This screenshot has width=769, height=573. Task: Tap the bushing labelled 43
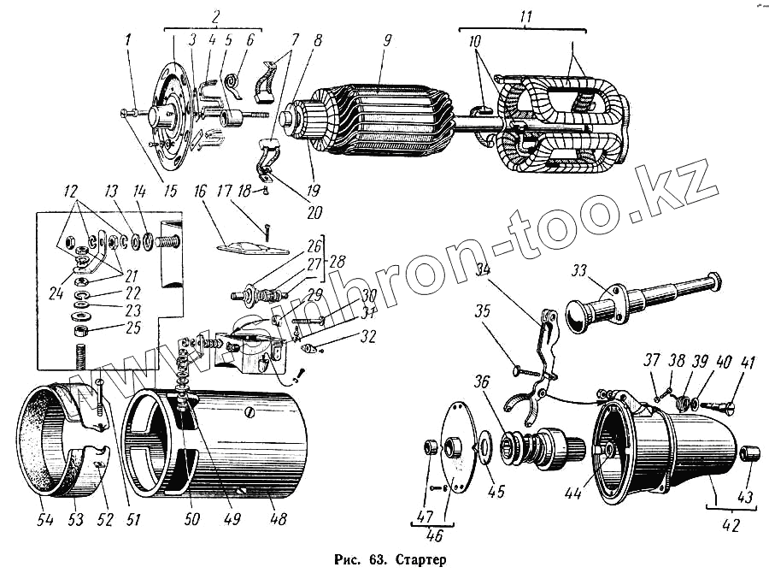748,452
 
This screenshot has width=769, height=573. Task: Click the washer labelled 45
485,443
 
